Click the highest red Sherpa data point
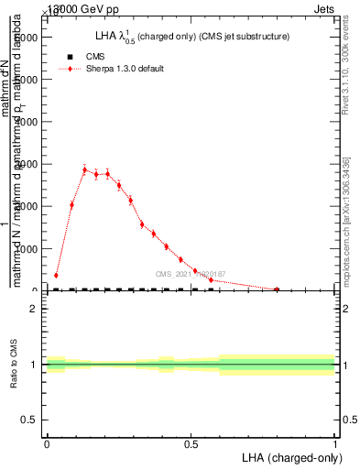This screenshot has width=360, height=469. (x=84, y=169)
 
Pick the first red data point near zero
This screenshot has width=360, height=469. (x=56, y=275)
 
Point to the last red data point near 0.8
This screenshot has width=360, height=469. (x=277, y=289)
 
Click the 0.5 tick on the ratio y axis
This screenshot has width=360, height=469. (x=31, y=420)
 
